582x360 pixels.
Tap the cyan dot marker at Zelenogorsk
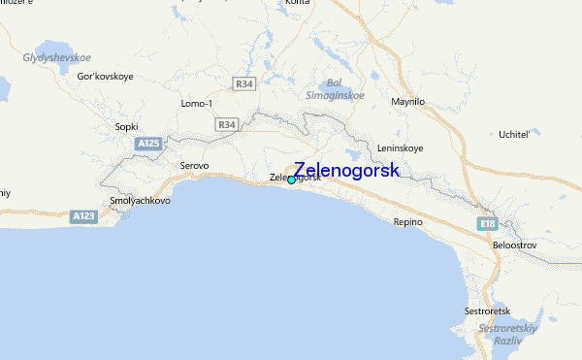point(291,180)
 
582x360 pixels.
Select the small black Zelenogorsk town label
point(294,178)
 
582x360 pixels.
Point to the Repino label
point(408,222)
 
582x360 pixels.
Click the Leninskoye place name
point(402,148)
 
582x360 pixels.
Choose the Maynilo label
point(407,101)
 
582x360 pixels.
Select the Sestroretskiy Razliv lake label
point(502,335)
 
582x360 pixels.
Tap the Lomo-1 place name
point(196,103)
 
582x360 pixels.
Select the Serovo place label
point(194,165)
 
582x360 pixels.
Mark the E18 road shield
point(487,223)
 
